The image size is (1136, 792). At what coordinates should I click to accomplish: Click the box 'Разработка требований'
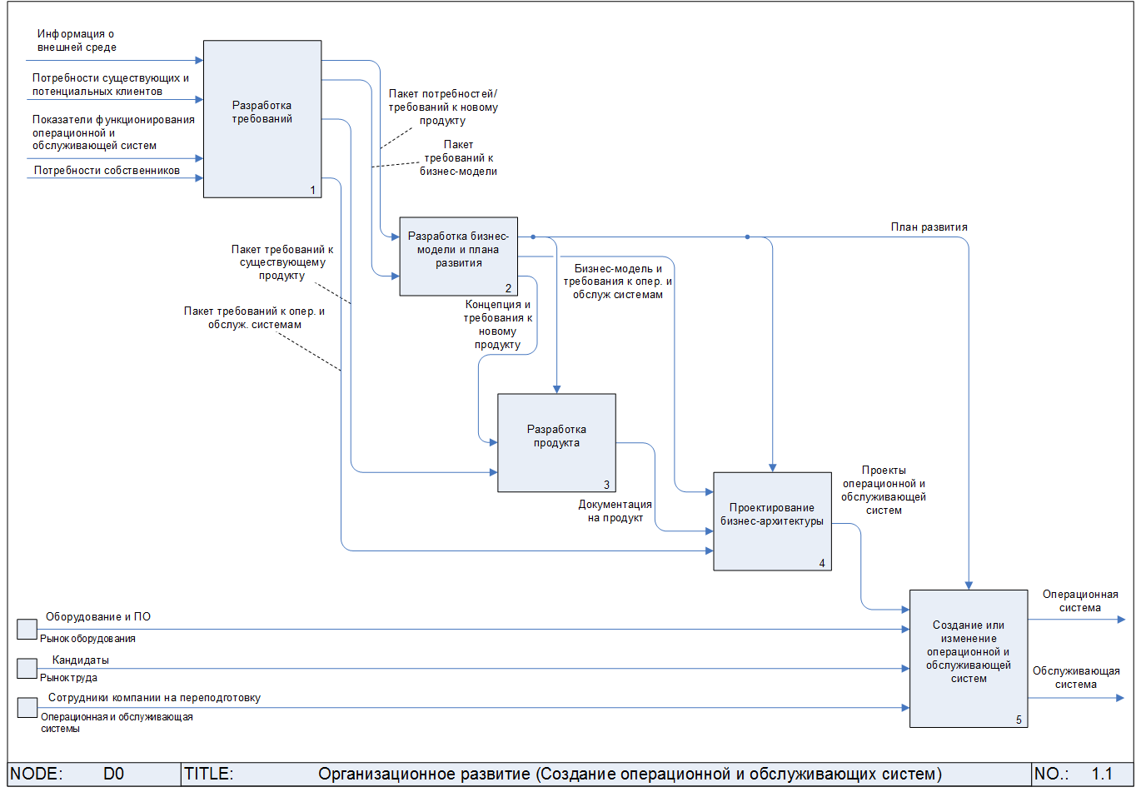262,119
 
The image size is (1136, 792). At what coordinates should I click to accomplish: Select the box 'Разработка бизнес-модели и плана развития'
458,257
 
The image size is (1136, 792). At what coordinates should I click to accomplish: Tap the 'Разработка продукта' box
556,442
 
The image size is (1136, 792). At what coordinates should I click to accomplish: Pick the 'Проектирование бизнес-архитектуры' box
772,521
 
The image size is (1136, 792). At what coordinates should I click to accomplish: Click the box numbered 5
968,658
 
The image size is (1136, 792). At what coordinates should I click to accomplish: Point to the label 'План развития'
929,227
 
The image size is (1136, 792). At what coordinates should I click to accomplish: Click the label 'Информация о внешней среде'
76,41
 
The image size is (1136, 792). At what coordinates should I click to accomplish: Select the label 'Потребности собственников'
107,171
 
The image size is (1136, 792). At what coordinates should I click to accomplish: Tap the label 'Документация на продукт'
615,511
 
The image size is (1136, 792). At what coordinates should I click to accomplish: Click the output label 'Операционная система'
1080,601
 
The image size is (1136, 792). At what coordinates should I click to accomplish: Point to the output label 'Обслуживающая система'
1076,677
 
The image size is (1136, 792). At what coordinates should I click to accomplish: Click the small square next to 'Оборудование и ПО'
27,629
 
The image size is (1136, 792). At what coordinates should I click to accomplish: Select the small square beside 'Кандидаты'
27,668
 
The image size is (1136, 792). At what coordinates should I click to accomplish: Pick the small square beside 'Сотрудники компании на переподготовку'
27,707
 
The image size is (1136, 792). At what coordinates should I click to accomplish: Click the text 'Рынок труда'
68,678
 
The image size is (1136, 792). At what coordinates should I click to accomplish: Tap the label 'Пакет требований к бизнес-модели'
458,157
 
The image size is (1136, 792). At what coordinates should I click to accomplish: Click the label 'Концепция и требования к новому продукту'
498,325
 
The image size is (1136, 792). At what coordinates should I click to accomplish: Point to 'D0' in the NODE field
113,775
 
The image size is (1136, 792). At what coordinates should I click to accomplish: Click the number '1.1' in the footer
1101,775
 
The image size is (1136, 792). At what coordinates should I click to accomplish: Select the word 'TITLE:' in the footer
208,775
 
